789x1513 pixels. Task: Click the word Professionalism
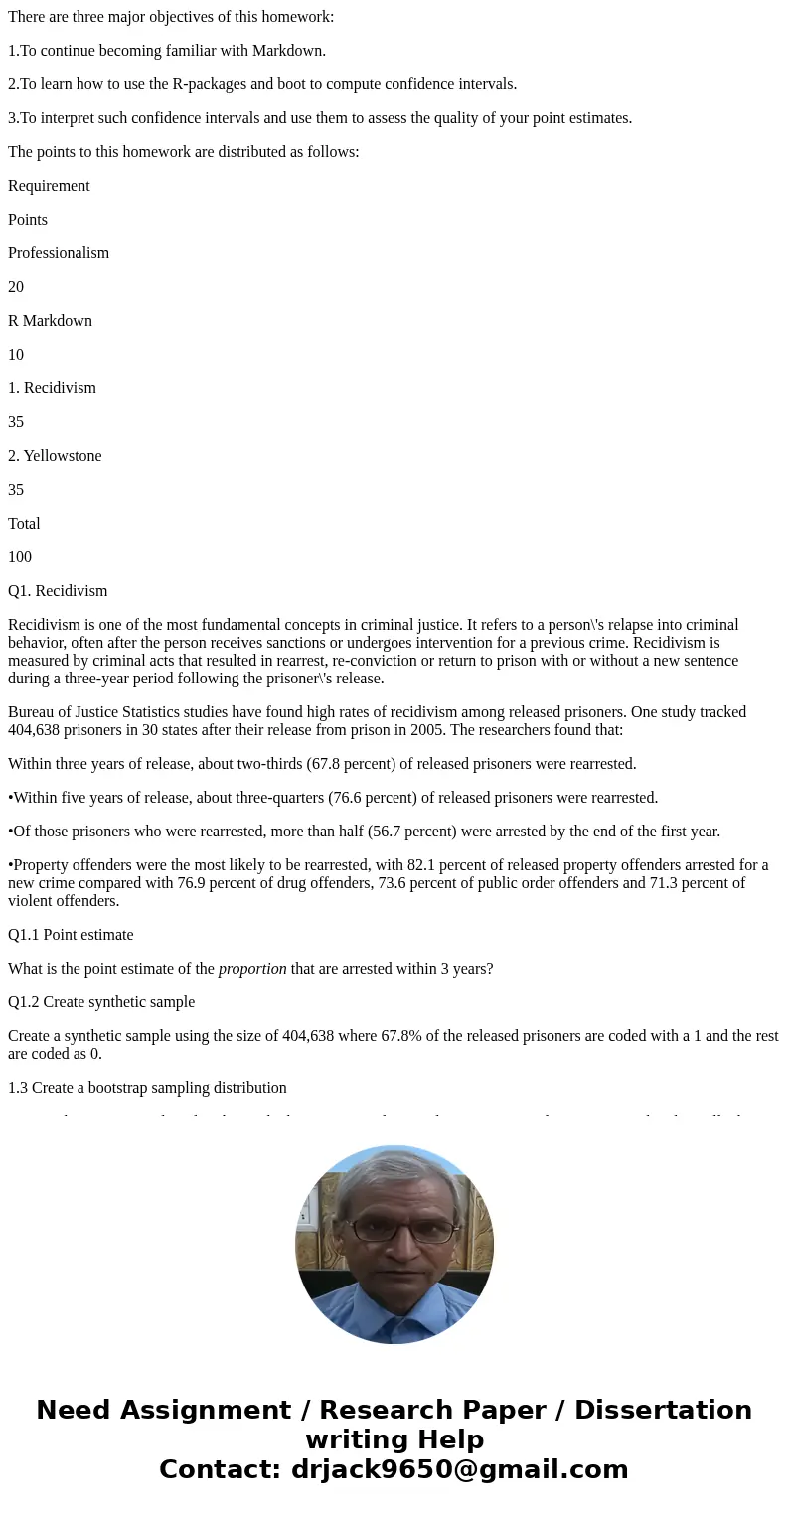[x=59, y=253]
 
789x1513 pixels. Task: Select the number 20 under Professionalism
[x=16, y=287]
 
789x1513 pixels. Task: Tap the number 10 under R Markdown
[x=16, y=355]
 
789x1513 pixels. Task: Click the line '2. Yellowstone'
[x=55, y=456]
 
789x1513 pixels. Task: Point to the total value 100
[x=20, y=557]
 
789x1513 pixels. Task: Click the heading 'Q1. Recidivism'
[x=58, y=591]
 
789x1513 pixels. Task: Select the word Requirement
[x=49, y=186]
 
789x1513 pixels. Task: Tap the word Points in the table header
[x=28, y=220]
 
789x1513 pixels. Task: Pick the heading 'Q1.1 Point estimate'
[x=71, y=935]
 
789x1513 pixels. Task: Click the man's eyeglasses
[x=395, y=1230]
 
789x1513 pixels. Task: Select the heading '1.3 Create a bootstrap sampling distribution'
[x=147, y=1088]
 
